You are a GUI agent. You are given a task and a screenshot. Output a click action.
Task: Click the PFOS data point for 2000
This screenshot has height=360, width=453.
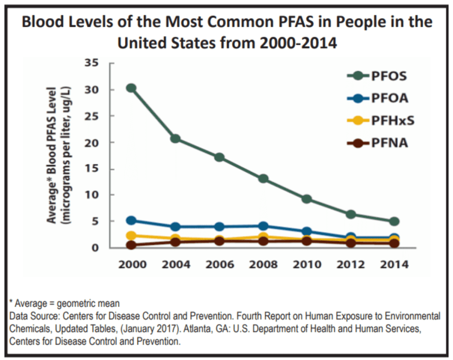pyautogui.click(x=131, y=88)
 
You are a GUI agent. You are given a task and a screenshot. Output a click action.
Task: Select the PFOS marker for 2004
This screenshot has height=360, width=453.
pyautogui.click(x=175, y=138)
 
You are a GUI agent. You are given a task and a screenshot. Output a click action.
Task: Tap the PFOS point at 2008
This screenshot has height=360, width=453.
pyautogui.click(x=263, y=178)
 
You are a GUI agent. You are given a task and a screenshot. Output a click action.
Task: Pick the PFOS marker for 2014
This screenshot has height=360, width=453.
pyautogui.click(x=394, y=222)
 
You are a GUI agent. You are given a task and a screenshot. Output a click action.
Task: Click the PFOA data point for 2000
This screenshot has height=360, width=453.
pyautogui.click(x=131, y=221)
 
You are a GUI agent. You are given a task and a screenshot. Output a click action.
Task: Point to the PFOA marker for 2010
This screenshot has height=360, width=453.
pyautogui.click(x=307, y=232)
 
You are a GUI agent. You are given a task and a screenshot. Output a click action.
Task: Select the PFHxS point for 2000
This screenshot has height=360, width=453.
pyautogui.click(x=131, y=235)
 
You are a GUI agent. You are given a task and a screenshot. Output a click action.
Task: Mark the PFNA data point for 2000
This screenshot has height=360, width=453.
pyautogui.click(x=131, y=245)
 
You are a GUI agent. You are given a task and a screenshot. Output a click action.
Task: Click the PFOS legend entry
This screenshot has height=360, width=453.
pyautogui.click(x=377, y=76)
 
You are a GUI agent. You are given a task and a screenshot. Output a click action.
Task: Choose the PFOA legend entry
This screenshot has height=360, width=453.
pyautogui.click(x=377, y=98)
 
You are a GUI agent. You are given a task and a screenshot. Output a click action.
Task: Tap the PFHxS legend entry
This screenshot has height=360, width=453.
pyautogui.click(x=380, y=121)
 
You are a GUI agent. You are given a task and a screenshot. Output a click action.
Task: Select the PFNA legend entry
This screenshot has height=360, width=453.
pyautogui.click(x=377, y=143)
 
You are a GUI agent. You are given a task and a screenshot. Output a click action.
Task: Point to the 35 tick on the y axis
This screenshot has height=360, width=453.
pyautogui.click(x=92, y=63)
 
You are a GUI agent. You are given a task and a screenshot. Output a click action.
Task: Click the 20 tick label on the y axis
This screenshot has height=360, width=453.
pyautogui.click(x=92, y=143)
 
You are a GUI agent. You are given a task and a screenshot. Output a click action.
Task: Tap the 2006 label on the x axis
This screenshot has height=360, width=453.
pyautogui.click(x=219, y=264)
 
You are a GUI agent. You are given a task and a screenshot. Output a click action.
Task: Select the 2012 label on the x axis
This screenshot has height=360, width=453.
pyautogui.click(x=350, y=264)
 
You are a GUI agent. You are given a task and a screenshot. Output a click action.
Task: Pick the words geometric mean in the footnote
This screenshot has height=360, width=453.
pyautogui.click(x=88, y=303)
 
